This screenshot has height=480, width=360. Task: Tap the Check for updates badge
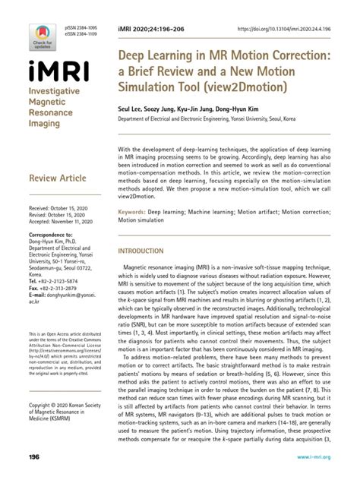click(42, 33)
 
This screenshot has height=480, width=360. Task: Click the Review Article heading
click(55, 179)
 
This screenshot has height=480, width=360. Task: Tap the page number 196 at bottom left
click(33, 457)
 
